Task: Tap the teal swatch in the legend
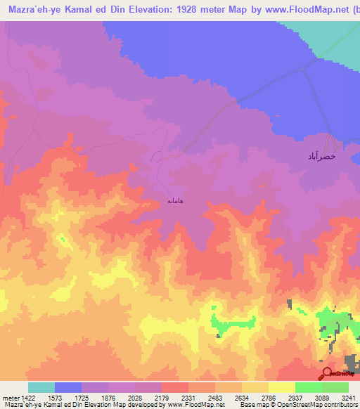41,387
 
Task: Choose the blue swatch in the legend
68,387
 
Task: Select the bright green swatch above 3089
309,387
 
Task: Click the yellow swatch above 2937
282,387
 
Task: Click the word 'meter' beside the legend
11,397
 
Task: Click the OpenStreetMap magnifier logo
327,373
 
